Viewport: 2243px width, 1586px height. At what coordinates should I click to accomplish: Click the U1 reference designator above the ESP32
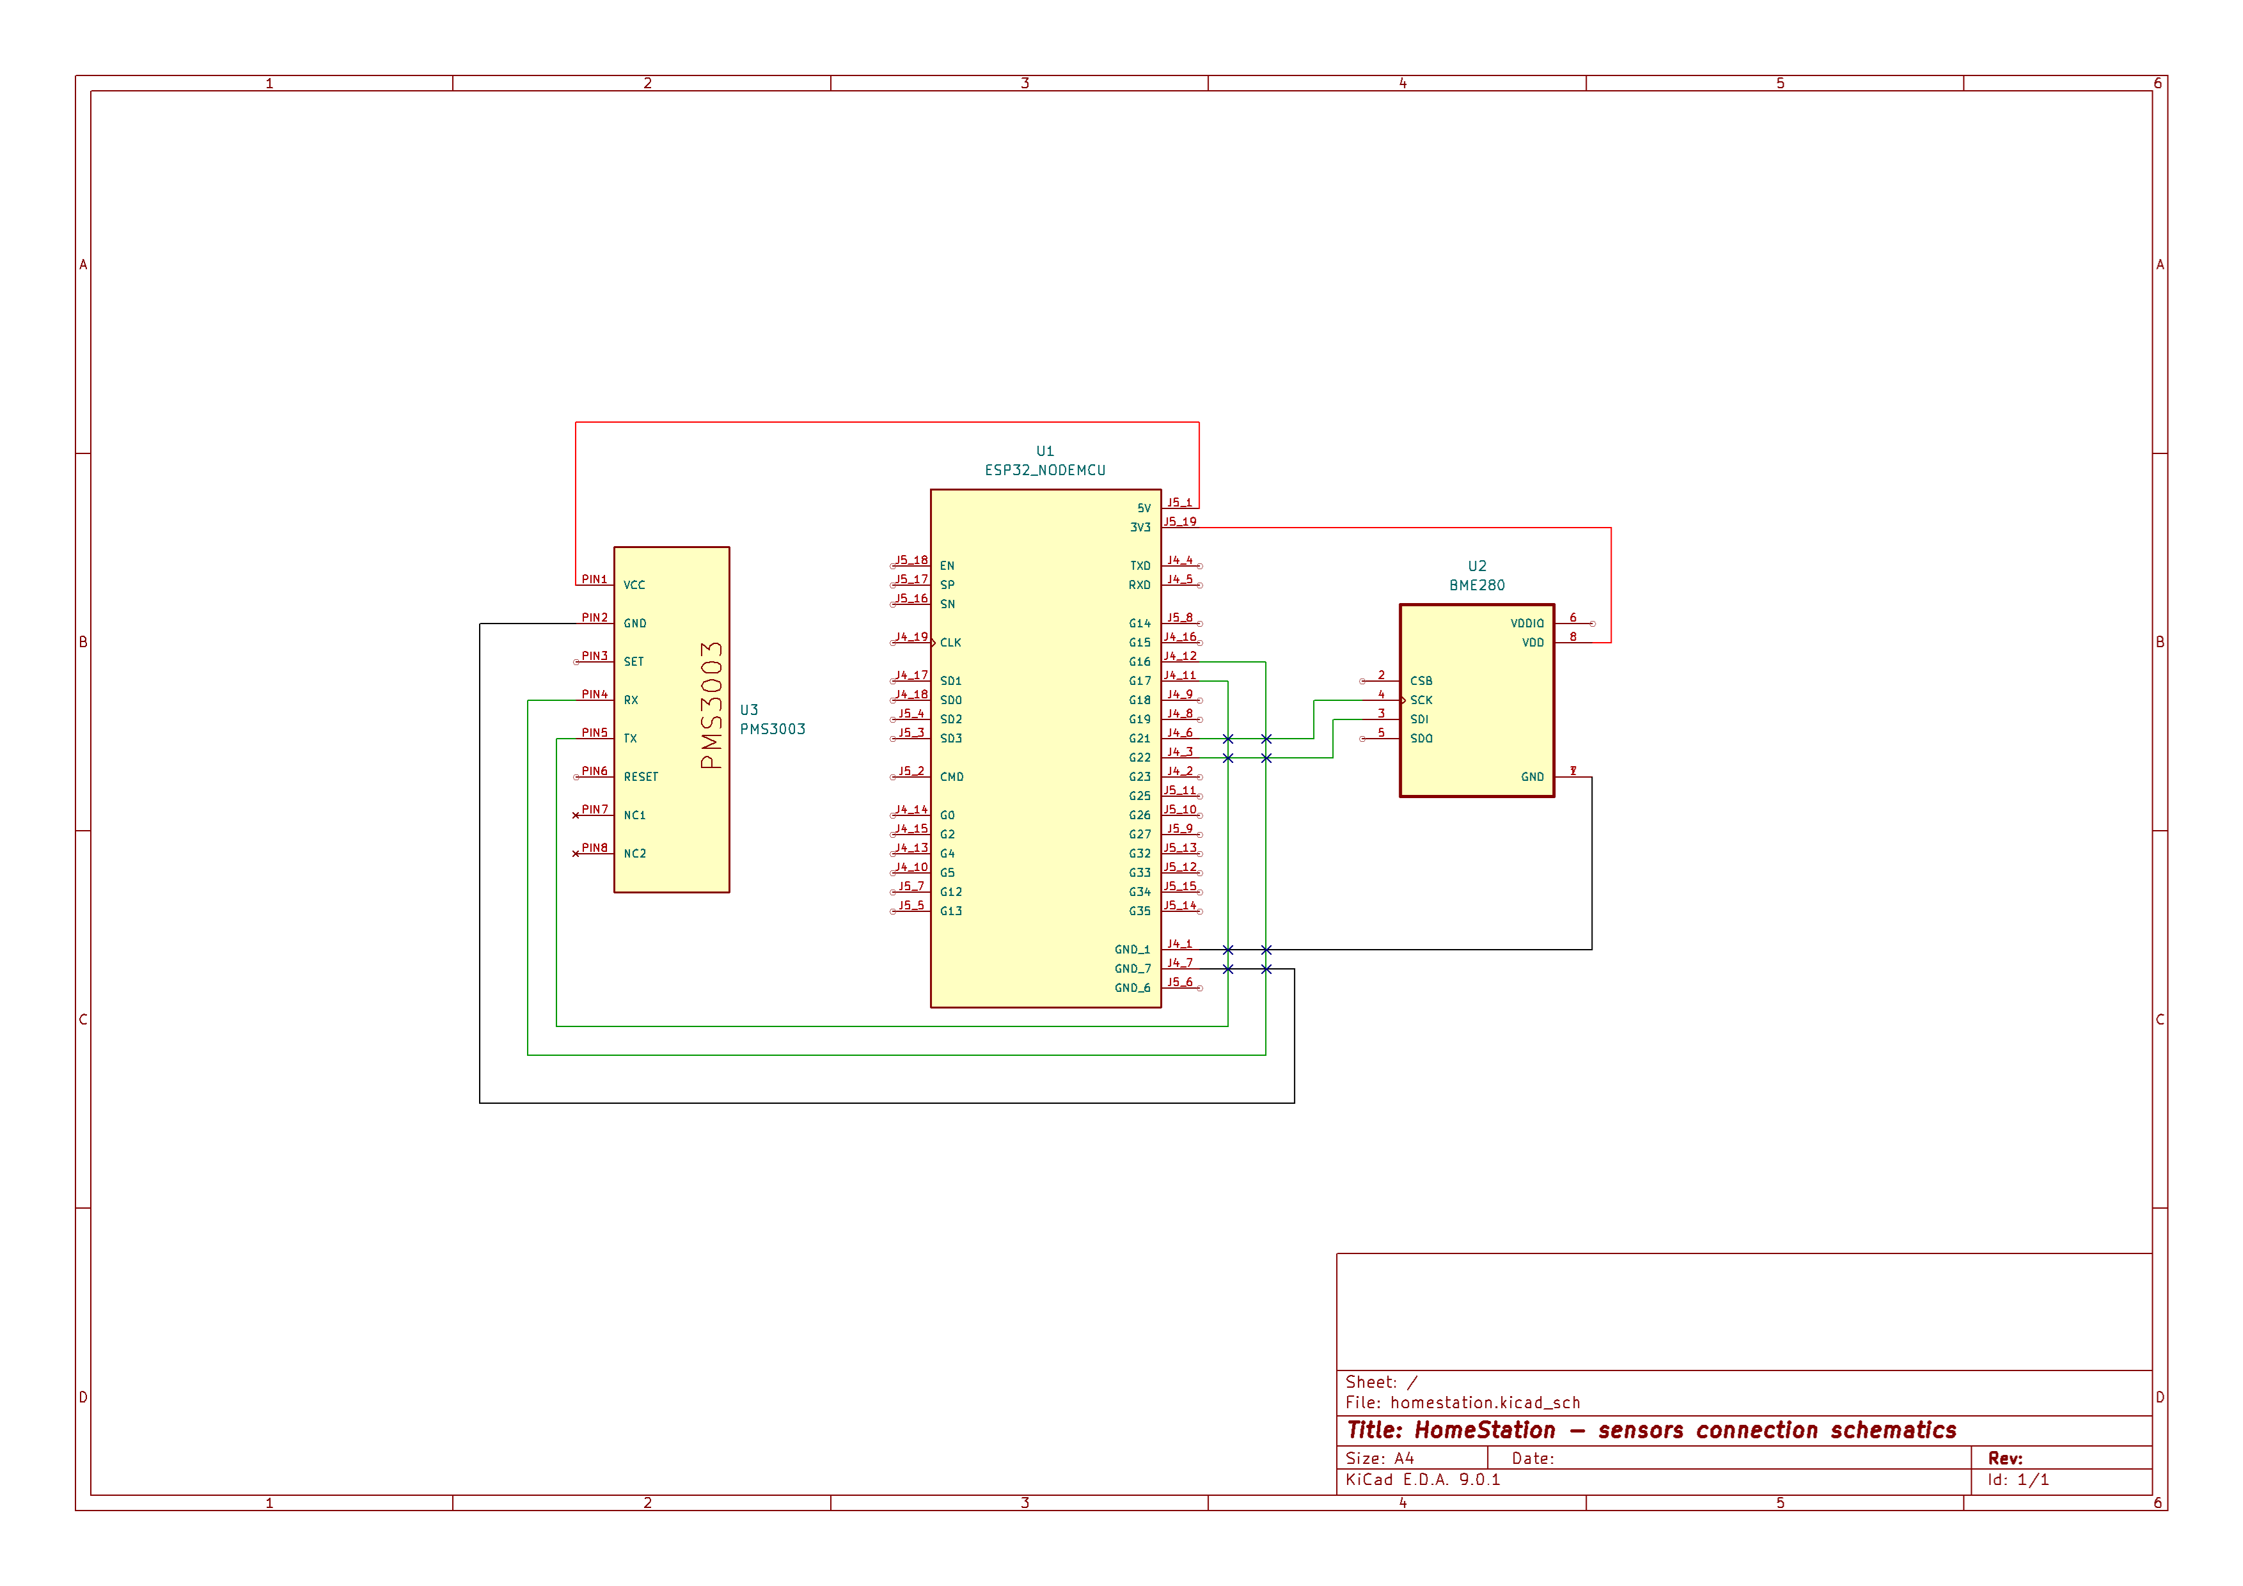click(1044, 451)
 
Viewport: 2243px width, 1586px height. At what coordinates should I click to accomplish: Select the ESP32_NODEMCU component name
click(1044, 471)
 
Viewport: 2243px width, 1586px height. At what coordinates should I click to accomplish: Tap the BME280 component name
click(1476, 586)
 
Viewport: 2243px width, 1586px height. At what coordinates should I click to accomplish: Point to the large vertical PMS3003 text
click(712, 705)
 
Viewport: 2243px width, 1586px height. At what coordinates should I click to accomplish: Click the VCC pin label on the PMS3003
click(634, 586)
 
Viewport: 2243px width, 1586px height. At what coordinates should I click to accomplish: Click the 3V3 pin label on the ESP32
click(1140, 528)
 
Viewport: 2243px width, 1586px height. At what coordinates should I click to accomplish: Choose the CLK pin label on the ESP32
click(950, 643)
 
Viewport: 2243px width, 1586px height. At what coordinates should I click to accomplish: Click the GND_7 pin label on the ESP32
click(1132, 969)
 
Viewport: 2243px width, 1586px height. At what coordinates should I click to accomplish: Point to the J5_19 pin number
click(1179, 521)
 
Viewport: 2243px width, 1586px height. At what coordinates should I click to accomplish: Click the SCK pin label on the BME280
click(1421, 700)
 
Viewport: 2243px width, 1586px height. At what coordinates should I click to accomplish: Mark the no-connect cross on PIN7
click(576, 815)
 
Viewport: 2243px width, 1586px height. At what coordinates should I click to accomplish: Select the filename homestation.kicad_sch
click(1485, 1403)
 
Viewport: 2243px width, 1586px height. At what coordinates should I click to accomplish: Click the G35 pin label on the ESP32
click(1139, 911)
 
